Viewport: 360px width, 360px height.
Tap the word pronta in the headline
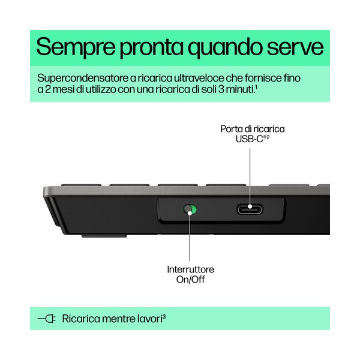pos(151,49)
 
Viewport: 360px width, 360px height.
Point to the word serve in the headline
pos(295,48)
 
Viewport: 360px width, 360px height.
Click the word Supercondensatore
pos(83,79)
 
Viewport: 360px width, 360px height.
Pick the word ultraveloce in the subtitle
pos(199,78)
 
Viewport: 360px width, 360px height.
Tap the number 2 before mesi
pos(48,89)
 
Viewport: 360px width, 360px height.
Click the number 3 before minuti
pos(221,89)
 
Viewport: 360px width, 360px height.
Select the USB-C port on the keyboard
pos(250,209)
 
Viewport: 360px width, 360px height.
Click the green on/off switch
pos(190,209)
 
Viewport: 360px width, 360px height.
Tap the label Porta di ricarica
pos(253,129)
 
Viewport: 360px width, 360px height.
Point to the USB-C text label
pos(253,139)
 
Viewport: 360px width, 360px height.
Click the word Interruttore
pos(191,269)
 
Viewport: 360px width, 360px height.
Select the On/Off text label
pos(191,280)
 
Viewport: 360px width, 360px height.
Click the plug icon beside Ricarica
pos(47,319)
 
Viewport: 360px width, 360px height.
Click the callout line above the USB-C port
pos(250,178)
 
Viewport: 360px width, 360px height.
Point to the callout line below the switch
pos(190,237)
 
